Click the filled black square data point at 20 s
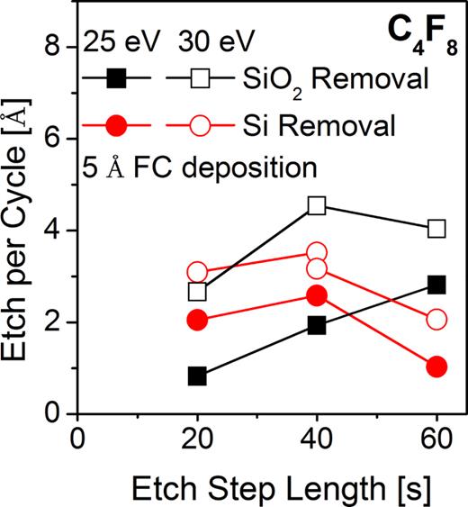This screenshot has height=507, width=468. (x=197, y=376)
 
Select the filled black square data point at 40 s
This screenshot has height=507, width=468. (x=317, y=325)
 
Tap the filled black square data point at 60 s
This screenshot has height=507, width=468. (x=436, y=285)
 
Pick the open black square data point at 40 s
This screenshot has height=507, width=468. (x=317, y=206)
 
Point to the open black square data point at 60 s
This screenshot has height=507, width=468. (x=436, y=229)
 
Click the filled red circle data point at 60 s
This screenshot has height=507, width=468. (x=436, y=367)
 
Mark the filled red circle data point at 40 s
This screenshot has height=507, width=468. (x=317, y=295)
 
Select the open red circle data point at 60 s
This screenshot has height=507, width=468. (x=436, y=320)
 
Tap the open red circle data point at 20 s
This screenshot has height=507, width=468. (x=197, y=273)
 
